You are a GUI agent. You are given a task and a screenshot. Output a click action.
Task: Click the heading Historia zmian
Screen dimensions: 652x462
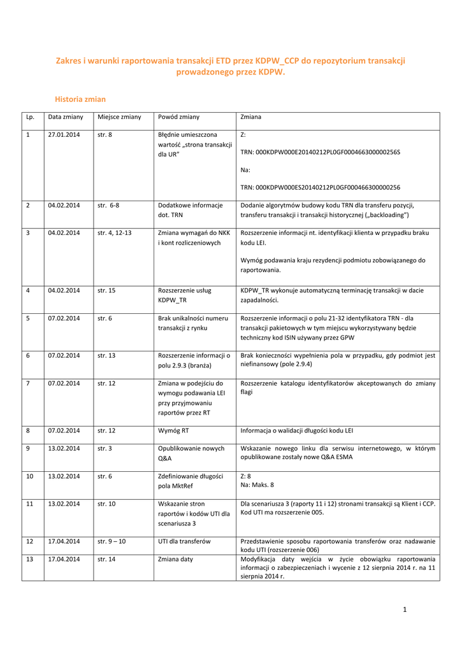(80, 99)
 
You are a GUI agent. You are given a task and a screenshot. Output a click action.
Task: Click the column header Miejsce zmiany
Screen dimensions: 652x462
(119, 117)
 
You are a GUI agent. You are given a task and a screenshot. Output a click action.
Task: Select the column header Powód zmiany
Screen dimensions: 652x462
(178, 117)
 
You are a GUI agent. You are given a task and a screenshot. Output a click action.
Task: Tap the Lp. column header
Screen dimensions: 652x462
(30, 117)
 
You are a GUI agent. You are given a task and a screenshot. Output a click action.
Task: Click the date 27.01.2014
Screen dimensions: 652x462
(64, 135)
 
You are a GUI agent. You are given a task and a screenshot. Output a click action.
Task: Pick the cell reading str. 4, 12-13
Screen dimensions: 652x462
(115, 233)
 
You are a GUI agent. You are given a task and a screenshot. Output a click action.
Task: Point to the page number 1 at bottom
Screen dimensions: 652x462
(404, 610)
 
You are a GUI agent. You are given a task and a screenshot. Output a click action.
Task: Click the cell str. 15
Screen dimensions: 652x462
(106, 290)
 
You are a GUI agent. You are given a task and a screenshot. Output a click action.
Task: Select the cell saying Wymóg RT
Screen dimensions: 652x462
(173, 431)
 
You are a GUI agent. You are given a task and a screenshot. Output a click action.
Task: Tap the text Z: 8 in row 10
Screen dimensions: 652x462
(246, 476)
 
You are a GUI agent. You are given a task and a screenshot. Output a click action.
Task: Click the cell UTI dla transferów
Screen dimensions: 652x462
(185, 541)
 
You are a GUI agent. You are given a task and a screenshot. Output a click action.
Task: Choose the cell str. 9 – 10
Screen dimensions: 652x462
(112, 541)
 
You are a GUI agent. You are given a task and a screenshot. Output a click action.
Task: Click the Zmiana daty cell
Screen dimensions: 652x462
(175, 559)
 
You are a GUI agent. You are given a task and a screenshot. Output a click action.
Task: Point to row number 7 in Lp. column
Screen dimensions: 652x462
(28, 383)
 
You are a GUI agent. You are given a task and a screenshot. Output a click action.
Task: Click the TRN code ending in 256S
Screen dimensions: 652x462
(320, 153)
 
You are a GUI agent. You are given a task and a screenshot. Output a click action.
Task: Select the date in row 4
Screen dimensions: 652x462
(64, 290)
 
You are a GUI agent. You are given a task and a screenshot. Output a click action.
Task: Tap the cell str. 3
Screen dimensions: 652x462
(105, 449)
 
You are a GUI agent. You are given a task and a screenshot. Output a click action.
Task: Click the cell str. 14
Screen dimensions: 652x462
(106, 559)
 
